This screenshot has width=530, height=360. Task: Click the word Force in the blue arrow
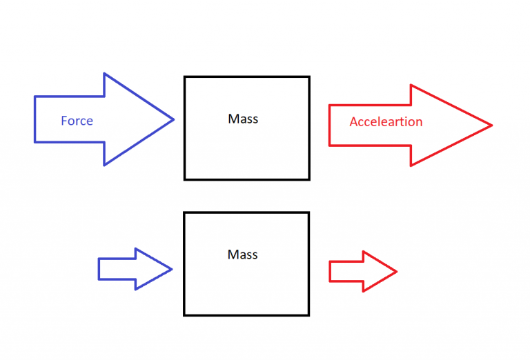[x=77, y=121]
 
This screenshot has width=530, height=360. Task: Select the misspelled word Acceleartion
[x=386, y=122]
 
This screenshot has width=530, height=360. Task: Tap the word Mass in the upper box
[x=243, y=119]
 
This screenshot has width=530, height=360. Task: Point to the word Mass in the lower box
[x=243, y=254]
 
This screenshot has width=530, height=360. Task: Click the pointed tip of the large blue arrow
[x=173, y=119]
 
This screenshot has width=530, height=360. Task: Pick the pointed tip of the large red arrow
[x=491, y=126]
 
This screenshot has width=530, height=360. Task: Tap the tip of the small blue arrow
[x=170, y=269]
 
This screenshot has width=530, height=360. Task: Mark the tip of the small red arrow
[x=397, y=272]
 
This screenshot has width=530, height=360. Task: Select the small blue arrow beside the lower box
[x=131, y=269]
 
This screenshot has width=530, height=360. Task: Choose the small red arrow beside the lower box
[x=359, y=272]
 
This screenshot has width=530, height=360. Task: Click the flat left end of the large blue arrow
[x=35, y=119]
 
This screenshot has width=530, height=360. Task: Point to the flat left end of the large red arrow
[x=329, y=126]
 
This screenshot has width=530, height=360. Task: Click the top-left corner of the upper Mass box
[x=184, y=77]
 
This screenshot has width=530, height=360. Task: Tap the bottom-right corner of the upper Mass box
[x=308, y=179]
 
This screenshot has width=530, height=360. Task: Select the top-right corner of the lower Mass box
[x=308, y=212]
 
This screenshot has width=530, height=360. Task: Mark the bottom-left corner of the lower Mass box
[x=184, y=315]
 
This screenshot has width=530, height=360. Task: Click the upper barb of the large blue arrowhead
[x=104, y=73]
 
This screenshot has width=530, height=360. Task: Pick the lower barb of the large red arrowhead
[x=411, y=166]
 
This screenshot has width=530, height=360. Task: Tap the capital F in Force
[x=64, y=121]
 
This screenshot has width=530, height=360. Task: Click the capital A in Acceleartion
[x=353, y=122]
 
